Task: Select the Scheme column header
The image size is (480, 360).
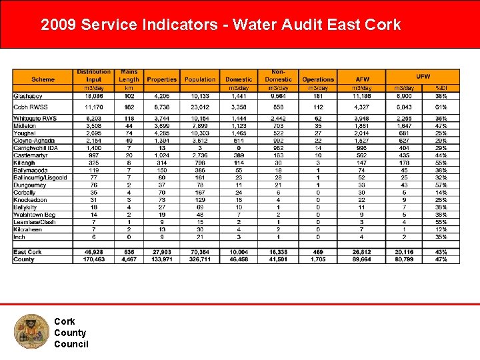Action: pos(43,79)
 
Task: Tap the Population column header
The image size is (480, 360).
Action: pos(200,79)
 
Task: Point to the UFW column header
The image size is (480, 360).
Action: pos(423,76)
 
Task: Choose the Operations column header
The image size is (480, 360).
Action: pos(318,79)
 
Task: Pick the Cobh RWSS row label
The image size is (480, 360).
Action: pos(31,107)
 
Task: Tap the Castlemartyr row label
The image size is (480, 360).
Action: pos(30,155)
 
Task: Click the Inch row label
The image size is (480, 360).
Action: pos(19,236)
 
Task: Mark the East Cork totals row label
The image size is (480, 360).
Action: pos(28,252)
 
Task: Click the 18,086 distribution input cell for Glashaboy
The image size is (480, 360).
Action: pos(94,96)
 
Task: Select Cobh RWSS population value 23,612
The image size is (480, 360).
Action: pos(200,107)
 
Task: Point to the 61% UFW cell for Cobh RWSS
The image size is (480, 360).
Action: pos(441,107)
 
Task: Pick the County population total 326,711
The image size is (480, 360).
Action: pos(200,259)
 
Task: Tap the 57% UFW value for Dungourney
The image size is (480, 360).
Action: pos(441,185)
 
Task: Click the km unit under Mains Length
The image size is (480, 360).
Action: pos(129,88)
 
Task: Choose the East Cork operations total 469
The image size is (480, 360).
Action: pos(318,252)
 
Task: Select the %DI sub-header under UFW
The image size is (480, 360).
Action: pos(441,88)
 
